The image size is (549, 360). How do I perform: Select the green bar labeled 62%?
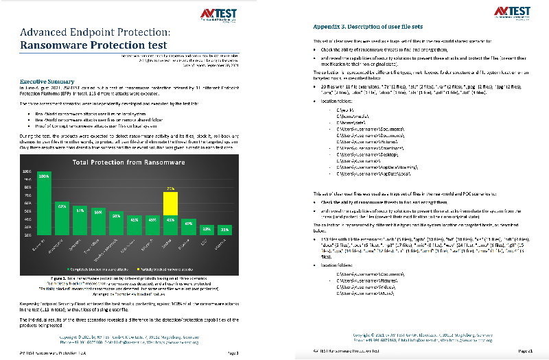[x=62, y=219]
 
